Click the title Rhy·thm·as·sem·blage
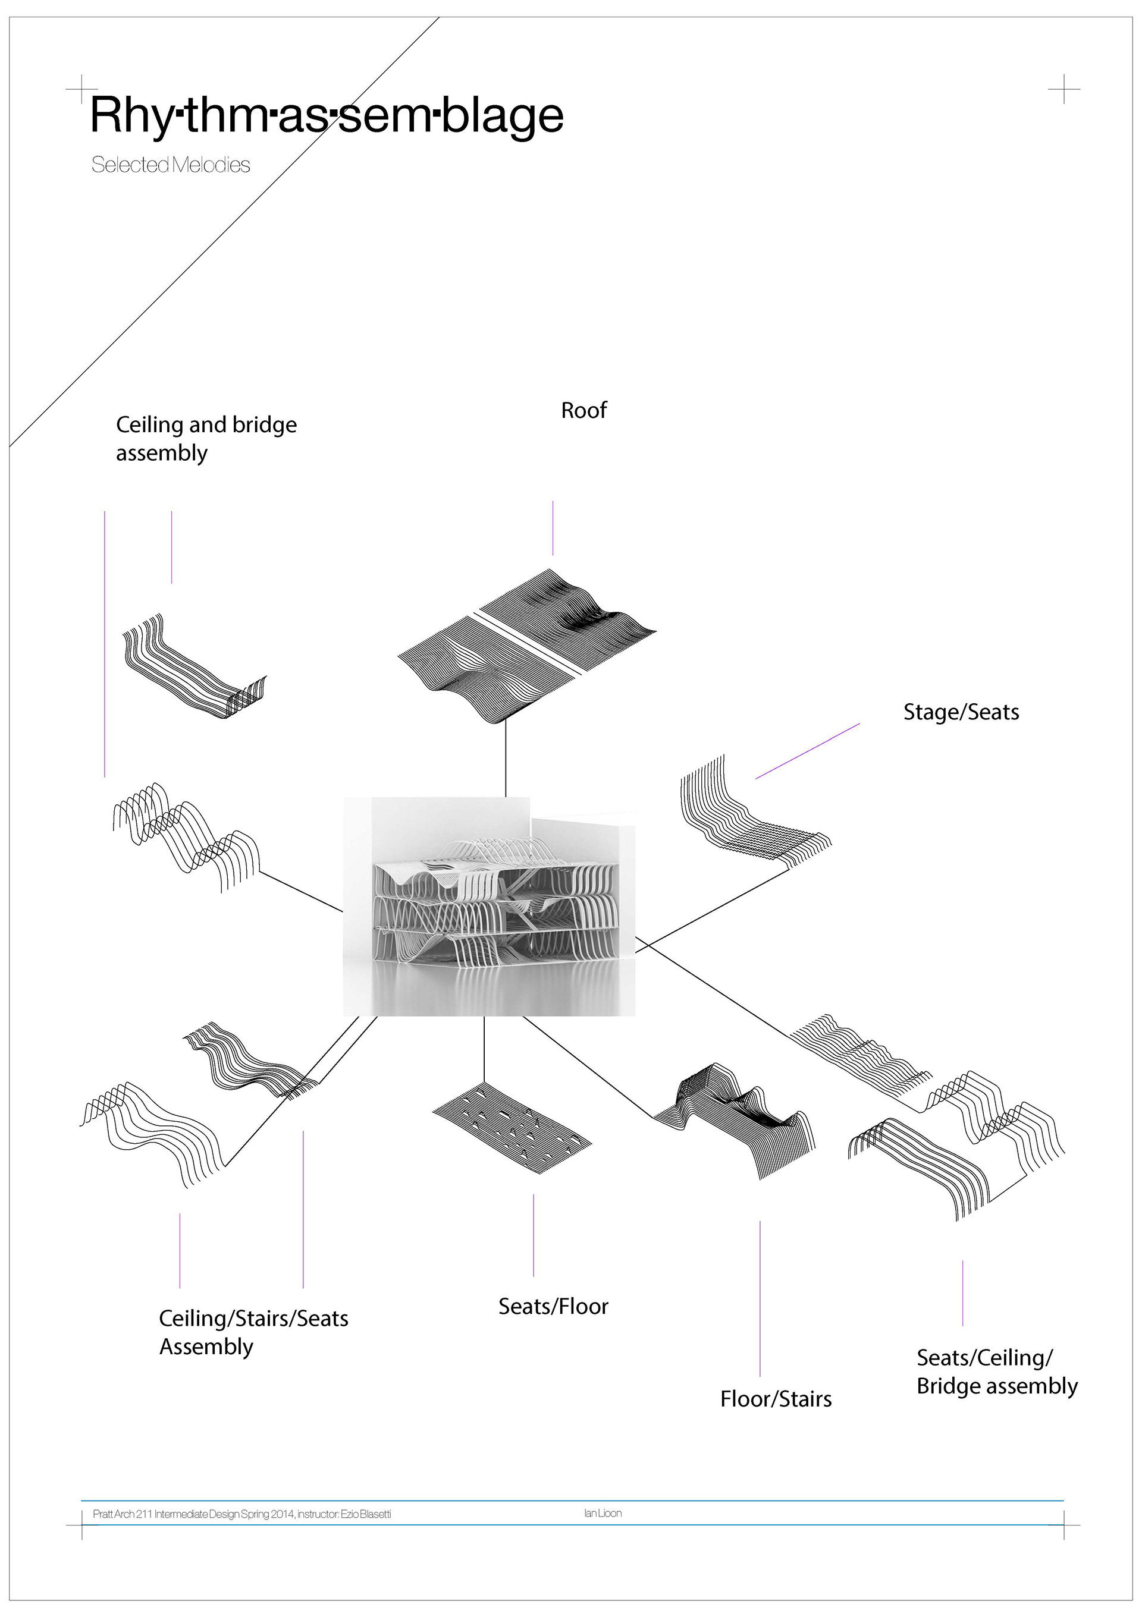(327, 115)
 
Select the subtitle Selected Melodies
(171, 165)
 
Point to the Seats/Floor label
(553, 1307)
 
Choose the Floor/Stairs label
(776, 1399)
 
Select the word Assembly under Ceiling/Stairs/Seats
(206, 1347)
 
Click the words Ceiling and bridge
(206, 424)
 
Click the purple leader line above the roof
(553, 528)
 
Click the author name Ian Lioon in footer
(603, 1513)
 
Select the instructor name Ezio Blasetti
(366, 1514)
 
